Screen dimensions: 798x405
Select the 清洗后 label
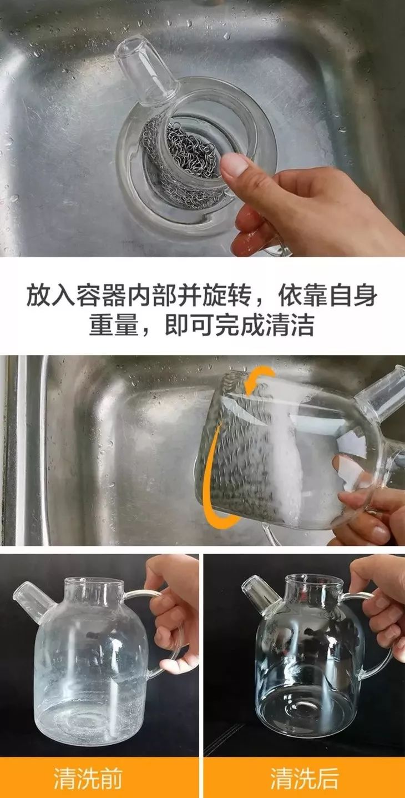(304, 779)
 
